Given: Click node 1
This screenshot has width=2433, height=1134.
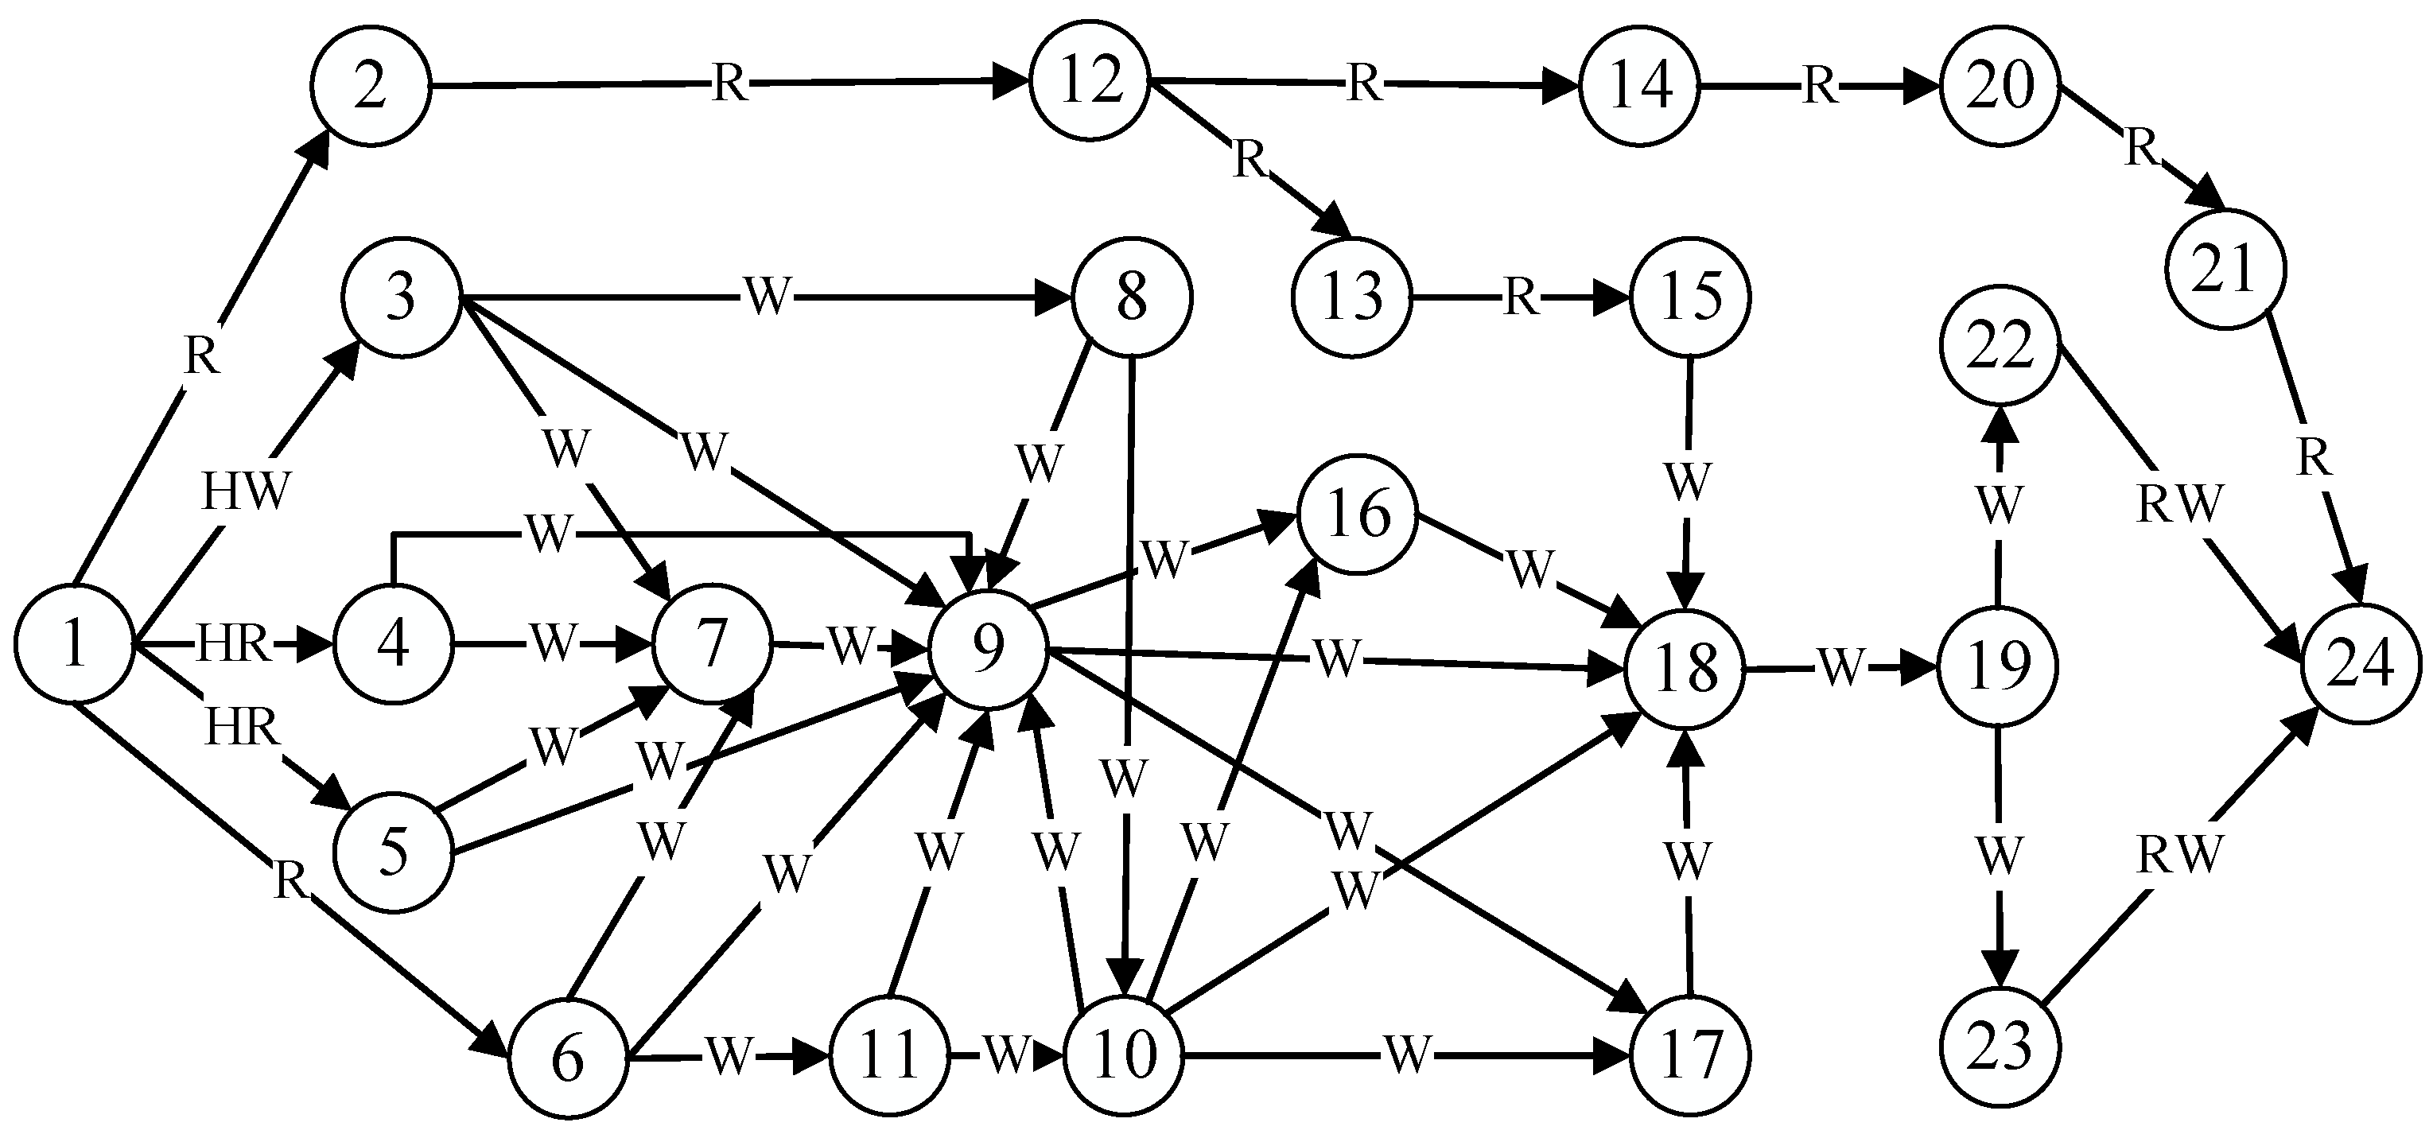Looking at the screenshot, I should coord(74,645).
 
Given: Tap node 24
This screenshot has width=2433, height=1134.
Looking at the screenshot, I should coord(2361,664).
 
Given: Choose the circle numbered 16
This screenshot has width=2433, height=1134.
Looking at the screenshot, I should coord(1358,515).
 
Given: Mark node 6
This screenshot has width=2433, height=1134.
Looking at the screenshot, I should coord(569,1058).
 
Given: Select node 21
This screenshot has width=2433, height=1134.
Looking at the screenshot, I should coord(2226,270).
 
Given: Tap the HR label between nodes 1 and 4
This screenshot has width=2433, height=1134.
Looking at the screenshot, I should coord(233,646).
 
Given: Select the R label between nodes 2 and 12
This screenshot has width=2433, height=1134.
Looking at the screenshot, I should coord(729,84).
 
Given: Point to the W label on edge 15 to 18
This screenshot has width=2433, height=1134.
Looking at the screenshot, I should coord(1688,482).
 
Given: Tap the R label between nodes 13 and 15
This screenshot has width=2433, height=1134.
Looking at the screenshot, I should coord(1520,298).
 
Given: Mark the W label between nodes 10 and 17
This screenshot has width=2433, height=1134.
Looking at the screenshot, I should coord(1407,1054).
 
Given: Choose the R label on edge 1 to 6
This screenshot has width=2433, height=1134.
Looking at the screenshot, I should coord(290,880).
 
